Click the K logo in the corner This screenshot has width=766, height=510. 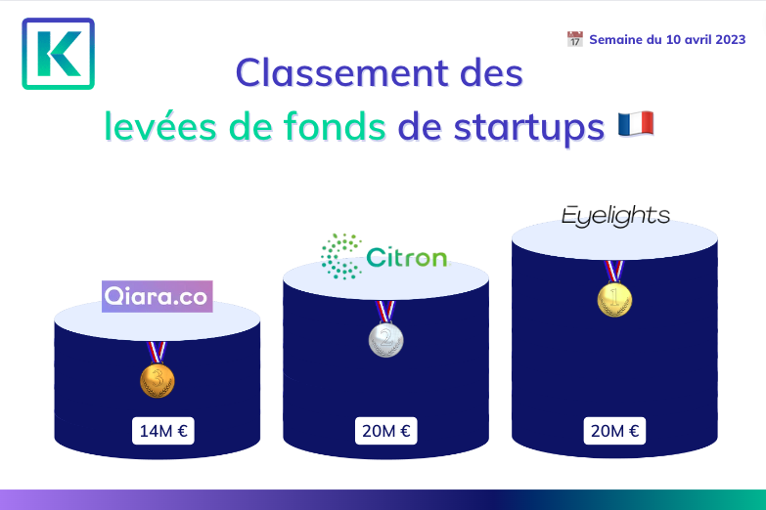click(x=58, y=54)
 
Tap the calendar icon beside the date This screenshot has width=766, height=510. click(x=575, y=39)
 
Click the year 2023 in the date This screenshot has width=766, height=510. click(x=731, y=39)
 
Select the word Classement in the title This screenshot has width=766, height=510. click(x=342, y=73)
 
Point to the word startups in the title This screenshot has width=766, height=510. click(x=529, y=128)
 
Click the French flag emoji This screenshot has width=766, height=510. click(x=636, y=124)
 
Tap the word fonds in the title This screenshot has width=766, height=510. click(x=336, y=126)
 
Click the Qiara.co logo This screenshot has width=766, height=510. click(x=158, y=296)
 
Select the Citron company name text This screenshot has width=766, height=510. click(x=406, y=257)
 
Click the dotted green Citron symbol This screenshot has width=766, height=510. click(x=341, y=257)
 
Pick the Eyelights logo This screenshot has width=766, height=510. click(x=615, y=216)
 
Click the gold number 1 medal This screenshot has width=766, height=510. click(x=614, y=299)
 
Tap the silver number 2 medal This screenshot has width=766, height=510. click(x=385, y=339)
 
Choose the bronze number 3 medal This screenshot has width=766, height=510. click(x=158, y=380)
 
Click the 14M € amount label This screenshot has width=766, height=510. click(x=163, y=431)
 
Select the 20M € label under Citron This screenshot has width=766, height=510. click(x=385, y=431)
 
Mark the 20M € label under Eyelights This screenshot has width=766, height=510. click(x=614, y=431)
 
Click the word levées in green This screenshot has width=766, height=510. click(x=160, y=126)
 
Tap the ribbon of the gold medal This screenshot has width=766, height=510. click(x=614, y=271)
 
